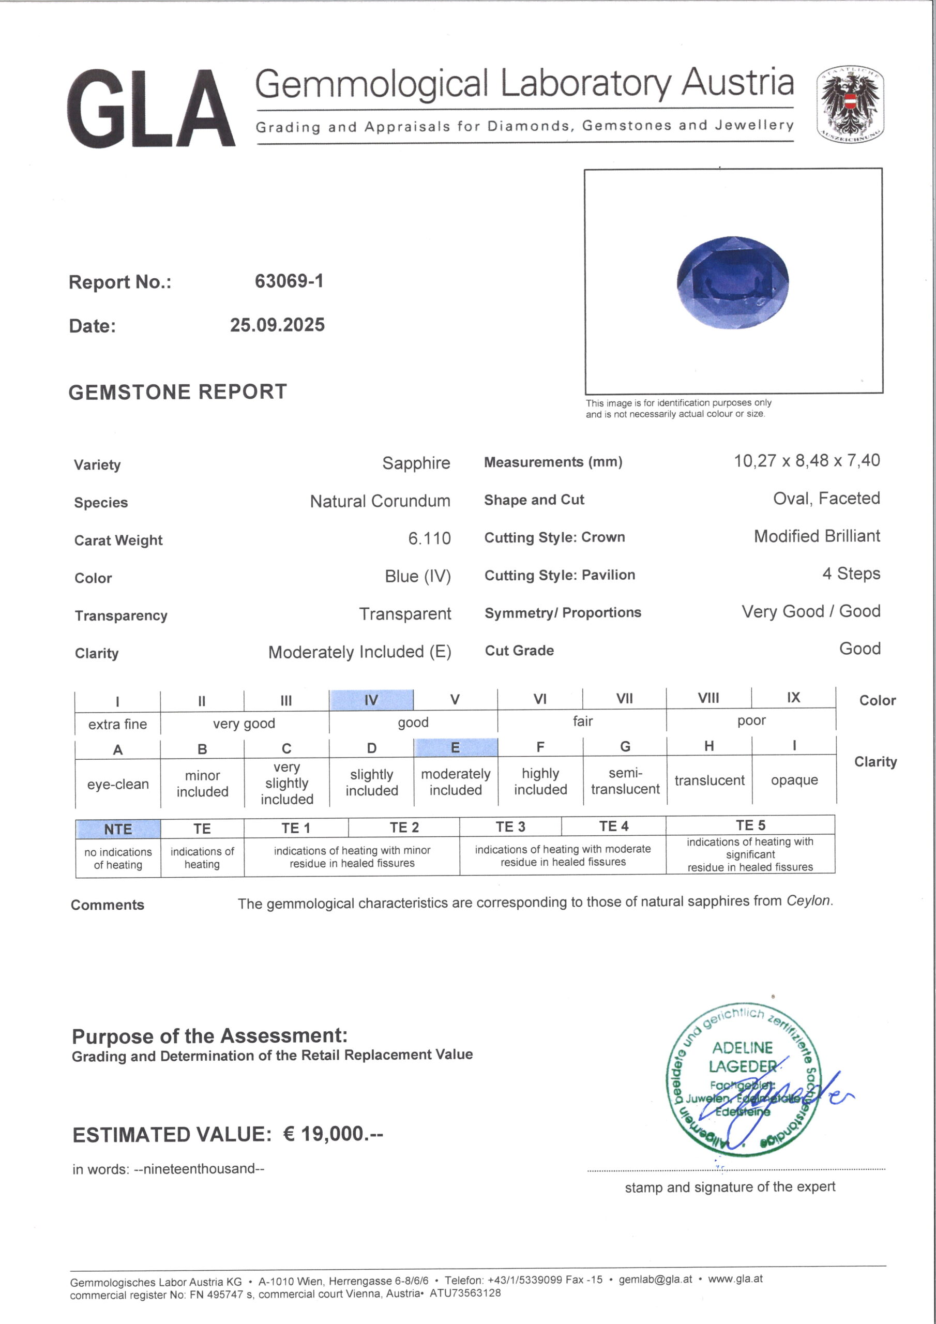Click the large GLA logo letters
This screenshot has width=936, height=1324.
tap(151, 109)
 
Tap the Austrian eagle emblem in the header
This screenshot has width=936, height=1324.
tap(850, 104)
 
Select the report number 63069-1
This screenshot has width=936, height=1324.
tap(289, 281)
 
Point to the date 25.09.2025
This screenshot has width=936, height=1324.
tap(277, 325)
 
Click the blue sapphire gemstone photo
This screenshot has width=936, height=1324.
tap(732, 282)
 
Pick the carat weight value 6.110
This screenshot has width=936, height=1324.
tap(429, 538)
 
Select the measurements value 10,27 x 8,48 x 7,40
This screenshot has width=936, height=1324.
tap(806, 461)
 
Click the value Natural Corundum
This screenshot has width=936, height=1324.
tap(380, 501)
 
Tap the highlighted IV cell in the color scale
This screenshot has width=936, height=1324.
tap(371, 700)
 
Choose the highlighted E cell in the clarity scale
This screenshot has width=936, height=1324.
tap(455, 748)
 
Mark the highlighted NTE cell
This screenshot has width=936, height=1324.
tap(118, 829)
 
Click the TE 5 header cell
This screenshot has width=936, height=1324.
tap(750, 825)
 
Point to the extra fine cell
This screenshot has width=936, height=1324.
tap(118, 724)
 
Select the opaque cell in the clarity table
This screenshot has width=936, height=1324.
tap(794, 780)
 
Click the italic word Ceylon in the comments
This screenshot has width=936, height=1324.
tap(809, 901)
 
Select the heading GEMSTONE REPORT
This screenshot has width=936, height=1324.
tap(177, 392)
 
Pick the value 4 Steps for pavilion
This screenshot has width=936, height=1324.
tap(851, 574)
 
